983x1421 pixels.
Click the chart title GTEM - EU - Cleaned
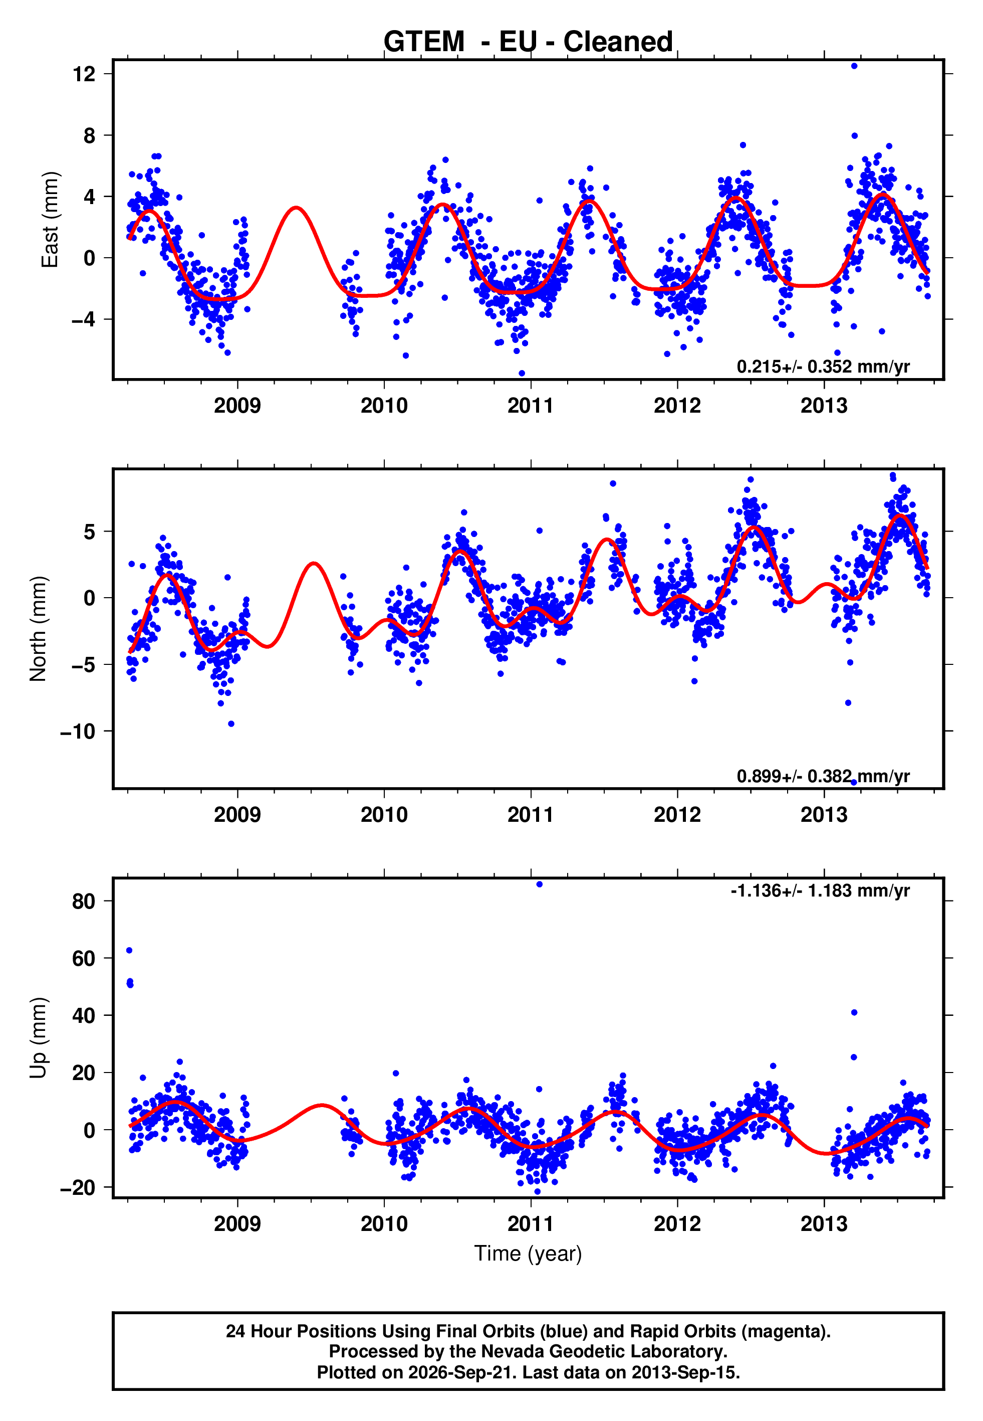tap(528, 42)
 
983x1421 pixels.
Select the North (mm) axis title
tap(38, 629)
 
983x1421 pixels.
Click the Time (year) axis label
tap(528, 1254)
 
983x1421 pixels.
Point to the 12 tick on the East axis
tap(84, 74)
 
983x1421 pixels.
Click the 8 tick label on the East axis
tap(89, 135)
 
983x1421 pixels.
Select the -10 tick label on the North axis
tap(78, 732)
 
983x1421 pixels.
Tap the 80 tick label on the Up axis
tap(84, 902)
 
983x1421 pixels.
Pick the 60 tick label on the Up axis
tap(84, 959)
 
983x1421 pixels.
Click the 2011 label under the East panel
tap(530, 406)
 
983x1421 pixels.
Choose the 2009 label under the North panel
tap(237, 815)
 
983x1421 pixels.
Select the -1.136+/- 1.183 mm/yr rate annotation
tap(820, 891)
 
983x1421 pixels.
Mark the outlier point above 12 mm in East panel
tap(854, 66)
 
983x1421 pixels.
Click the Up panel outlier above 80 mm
tap(539, 884)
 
